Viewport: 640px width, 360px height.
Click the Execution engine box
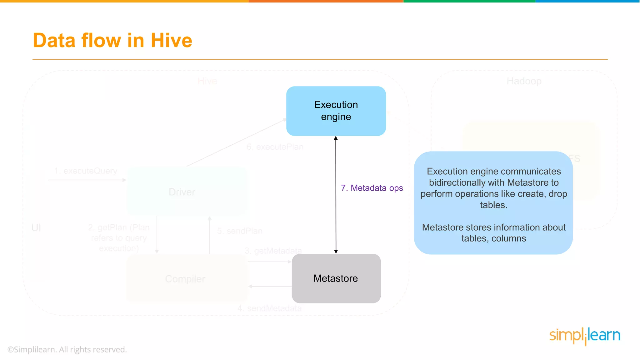click(336, 111)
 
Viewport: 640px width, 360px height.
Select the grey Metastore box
click(336, 278)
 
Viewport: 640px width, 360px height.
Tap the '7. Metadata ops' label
click(372, 188)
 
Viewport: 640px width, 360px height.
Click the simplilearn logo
click(585, 336)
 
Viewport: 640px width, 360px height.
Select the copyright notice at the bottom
click(67, 349)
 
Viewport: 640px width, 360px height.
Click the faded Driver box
click(182, 192)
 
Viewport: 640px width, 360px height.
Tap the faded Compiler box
click(185, 279)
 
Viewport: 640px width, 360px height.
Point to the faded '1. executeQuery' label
click(86, 171)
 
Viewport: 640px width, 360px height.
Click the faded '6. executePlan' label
click(275, 147)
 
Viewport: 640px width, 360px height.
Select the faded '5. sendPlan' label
click(240, 231)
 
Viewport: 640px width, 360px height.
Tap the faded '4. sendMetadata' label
click(270, 308)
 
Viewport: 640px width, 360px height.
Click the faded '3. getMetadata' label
click(273, 251)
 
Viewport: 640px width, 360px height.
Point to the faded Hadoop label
click(524, 81)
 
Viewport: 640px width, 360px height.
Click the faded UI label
click(36, 228)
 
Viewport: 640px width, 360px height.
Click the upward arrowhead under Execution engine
click(336, 138)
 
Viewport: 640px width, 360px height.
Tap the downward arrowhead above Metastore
click(336, 252)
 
